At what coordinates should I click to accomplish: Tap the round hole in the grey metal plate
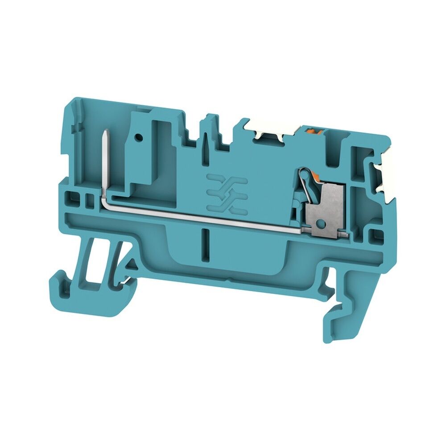click(x=320, y=223)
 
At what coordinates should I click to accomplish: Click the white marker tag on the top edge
click(x=268, y=130)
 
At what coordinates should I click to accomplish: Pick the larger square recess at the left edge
click(x=70, y=197)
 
